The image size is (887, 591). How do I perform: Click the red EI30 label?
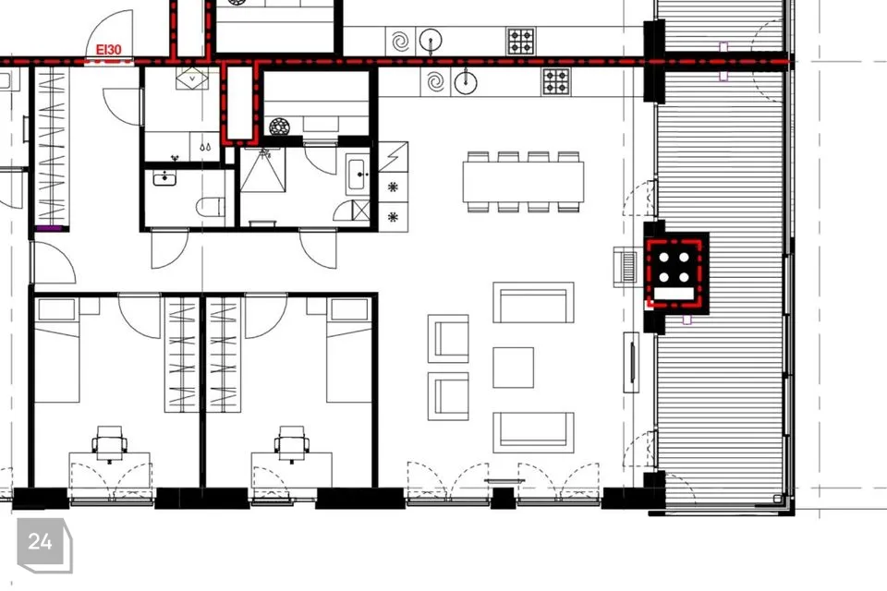pyautogui.click(x=108, y=50)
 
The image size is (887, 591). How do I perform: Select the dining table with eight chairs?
pyautogui.click(x=523, y=182)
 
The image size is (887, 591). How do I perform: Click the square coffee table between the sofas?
pyautogui.click(x=513, y=368)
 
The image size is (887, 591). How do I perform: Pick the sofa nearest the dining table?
pyautogui.click(x=533, y=303)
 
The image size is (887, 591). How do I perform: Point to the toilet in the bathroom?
pyautogui.click(x=211, y=207)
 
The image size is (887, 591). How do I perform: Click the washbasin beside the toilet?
pyautogui.click(x=164, y=178)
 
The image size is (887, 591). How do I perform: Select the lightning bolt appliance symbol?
pyautogui.click(x=394, y=157)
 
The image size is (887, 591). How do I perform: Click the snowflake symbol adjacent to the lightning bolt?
pyautogui.click(x=394, y=187)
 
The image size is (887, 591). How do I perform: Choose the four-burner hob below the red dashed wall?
pyautogui.click(x=556, y=81)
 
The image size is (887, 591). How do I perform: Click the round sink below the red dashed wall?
pyautogui.click(x=465, y=82)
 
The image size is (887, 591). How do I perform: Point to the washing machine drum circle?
pyautogui.click(x=279, y=127)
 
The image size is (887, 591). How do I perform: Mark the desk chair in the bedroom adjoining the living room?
pyautogui.click(x=292, y=443)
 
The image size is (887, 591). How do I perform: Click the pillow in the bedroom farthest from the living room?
pyautogui.click(x=57, y=310)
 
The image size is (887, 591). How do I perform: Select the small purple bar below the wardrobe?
pyautogui.click(x=49, y=228)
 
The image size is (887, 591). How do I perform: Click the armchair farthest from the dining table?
pyautogui.click(x=448, y=396)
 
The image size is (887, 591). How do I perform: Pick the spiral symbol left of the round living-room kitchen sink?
pyautogui.click(x=435, y=82)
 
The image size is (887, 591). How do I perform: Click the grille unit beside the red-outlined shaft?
pyautogui.click(x=628, y=266)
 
